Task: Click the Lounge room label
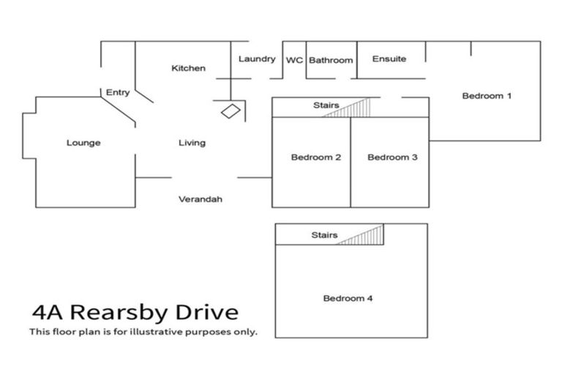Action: coord(83,143)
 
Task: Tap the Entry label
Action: coord(118,92)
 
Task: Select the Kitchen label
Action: coord(188,68)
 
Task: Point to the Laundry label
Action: coord(256,59)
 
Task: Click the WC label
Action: coord(294,60)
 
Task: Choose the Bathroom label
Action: coord(330,60)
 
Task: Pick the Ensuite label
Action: coord(389,59)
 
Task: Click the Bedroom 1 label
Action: coord(487,95)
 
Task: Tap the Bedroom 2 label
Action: coord(316,157)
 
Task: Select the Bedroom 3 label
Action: coord(392,157)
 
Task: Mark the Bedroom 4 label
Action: coord(348,298)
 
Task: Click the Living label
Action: coord(192,143)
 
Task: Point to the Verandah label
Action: coord(201,198)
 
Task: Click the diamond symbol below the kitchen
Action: coord(231,111)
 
